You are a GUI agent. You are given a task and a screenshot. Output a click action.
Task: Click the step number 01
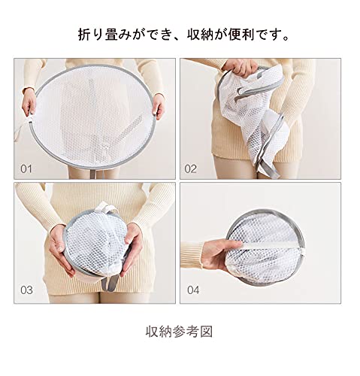[x=26, y=169]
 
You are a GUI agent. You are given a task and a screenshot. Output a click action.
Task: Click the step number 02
[x=190, y=169]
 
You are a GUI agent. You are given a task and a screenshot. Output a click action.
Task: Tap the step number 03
[x=26, y=290]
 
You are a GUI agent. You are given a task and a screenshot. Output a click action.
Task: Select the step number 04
[x=193, y=290]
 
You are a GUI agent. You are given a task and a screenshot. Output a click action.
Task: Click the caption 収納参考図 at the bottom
[x=180, y=332]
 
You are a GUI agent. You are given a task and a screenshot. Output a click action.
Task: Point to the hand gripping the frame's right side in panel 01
[x=158, y=106]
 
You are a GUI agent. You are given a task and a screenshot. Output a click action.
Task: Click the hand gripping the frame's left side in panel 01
[x=29, y=103]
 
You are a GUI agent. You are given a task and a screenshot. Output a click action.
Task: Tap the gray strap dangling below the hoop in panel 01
[x=96, y=174]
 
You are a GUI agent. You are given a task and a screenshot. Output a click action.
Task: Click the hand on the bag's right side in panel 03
[x=132, y=250]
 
